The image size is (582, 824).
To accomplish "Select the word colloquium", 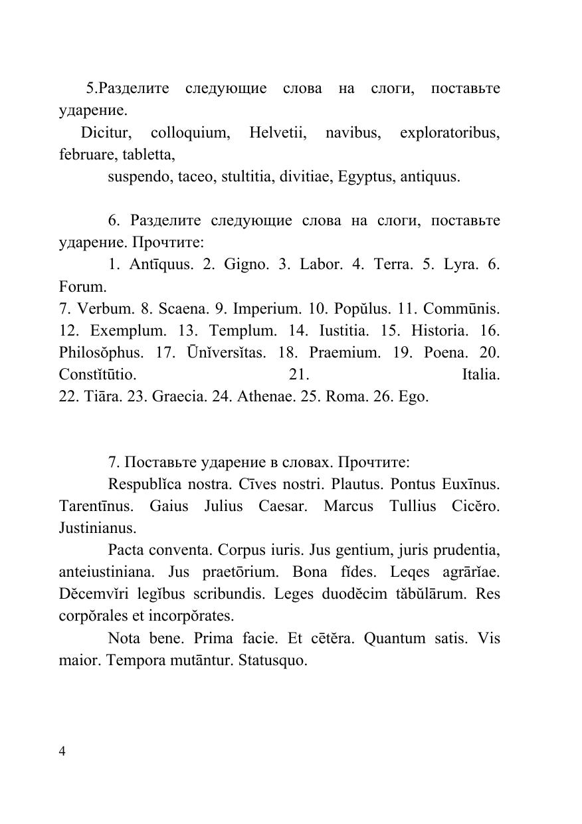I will (191, 133).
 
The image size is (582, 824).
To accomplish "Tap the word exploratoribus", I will (449, 133).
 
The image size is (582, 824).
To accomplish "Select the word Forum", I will (82, 287).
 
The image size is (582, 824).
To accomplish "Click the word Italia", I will (480, 375).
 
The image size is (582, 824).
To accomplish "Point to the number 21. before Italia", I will (299, 375).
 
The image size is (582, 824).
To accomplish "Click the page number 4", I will (62, 752).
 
